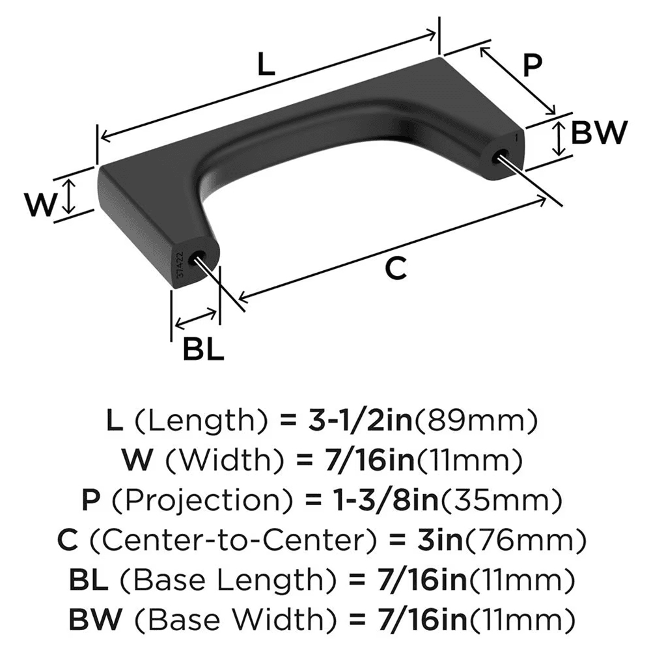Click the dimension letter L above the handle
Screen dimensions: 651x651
pos(264,65)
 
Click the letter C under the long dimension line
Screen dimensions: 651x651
pos(396,268)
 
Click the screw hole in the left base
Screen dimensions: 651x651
pos(196,258)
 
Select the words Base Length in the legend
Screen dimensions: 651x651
pos(216,579)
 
